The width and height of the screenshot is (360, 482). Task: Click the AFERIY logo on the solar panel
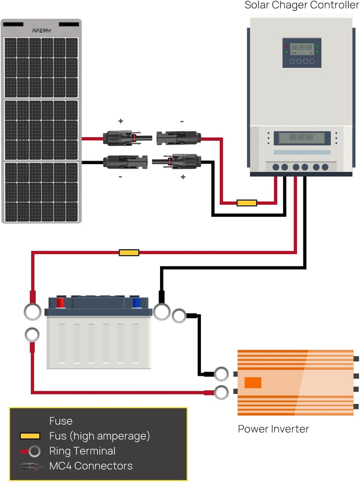pyautogui.click(x=41, y=31)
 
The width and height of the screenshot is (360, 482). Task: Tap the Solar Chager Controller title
pyautogui.click(x=302, y=6)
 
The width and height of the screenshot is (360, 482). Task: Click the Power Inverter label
pyautogui.click(x=273, y=429)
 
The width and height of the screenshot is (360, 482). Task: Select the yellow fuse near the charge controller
pyautogui.click(x=246, y=203)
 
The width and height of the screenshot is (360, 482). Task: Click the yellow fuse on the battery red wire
pyautogui.click(x=129, y=253)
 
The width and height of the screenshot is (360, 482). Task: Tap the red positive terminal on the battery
pyautogui.click(x=60, y=302)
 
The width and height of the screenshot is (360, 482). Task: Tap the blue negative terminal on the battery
pyautogui.click(x=136, y=302)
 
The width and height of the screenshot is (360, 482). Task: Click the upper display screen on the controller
pyautogui.click(x=302, y=48)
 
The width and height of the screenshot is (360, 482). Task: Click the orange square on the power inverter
pyautogui.click(x=253, y=383)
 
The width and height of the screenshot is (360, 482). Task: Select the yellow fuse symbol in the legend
pyautogui.click(x=30, y=436)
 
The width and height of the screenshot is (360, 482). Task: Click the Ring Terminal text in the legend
pyautogui.click(x=82, y=451)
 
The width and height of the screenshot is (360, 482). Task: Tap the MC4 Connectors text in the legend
pyautogui.click(x=91, y=465)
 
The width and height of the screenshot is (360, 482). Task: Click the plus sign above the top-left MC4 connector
pyautogui.click(x=120, y=121)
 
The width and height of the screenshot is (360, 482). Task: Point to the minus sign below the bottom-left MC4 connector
pyautogui.click(x=120, y=177)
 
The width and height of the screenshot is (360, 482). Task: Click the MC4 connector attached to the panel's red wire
pyautogui.click(x=127, y=138)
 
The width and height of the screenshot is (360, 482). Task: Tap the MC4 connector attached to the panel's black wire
pyautogui.click(x=125, y=162)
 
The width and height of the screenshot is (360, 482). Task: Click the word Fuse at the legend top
pyautogui.click(x=61, y=421)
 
